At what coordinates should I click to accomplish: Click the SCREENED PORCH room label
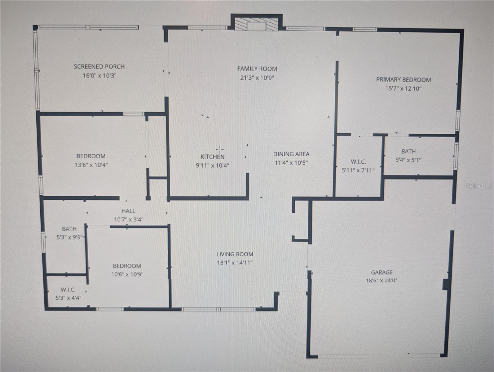point(99,67)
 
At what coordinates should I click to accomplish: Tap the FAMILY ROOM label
point(257,69)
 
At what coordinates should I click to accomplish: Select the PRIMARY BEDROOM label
point(403,80)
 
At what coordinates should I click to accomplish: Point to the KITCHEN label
point(212,157)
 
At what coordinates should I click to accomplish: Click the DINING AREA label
point(291,154)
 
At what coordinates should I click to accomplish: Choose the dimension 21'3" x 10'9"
point(257,77)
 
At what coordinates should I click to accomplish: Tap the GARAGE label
point(382,272)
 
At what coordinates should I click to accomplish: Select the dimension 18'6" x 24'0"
point(382,281)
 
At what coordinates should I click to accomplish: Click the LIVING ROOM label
point(235,254)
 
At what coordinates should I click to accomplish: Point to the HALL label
point(128,211)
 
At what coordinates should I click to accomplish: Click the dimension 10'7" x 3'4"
point(128,219)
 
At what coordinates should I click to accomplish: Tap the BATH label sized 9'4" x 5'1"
point(408,151)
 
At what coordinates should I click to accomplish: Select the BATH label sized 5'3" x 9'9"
point(69,229)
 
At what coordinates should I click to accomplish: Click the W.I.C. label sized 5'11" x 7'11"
point(358,162)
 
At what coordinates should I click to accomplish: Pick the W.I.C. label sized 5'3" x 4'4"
point(68,290)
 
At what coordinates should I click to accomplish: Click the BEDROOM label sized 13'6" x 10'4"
point(91,156)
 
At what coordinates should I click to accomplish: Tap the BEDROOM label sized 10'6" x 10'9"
point(127,266)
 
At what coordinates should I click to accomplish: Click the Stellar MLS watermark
point(478,186)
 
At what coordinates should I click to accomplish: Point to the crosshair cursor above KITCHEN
point(220,149)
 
